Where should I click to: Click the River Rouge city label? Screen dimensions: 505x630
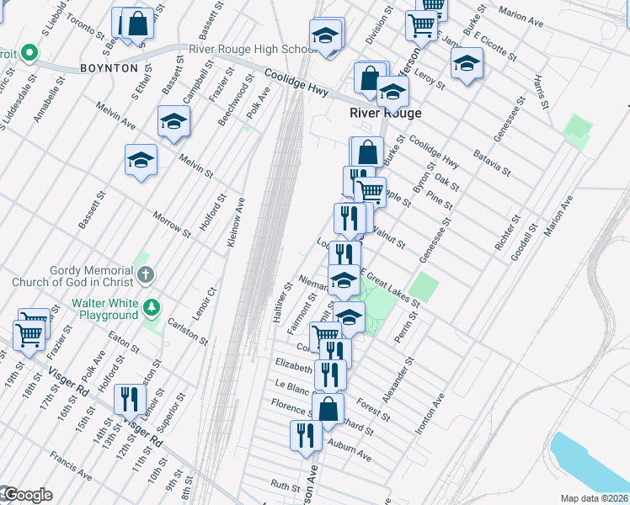tap(386, 113)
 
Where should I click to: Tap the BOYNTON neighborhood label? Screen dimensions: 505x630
tap(109, 67)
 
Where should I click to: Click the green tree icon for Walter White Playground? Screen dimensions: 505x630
tap(152, 307)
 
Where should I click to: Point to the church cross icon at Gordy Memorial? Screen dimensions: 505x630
tap(146, 274)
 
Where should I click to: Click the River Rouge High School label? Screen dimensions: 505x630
tap(252, 49)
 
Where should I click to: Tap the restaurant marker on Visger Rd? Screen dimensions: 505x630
tap(130, 400)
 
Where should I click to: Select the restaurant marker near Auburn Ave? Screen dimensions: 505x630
tap(304, 435)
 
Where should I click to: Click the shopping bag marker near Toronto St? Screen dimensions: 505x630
tap(136, 25)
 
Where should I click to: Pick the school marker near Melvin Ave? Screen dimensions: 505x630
tap(174, 122)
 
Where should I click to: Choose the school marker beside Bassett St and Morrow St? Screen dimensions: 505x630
tap(141, 160)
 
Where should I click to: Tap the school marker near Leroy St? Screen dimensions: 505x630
tap(466, 64)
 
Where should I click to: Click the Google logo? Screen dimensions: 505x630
tap(27, 495)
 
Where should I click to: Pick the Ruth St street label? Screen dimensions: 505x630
tap(286, 486)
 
